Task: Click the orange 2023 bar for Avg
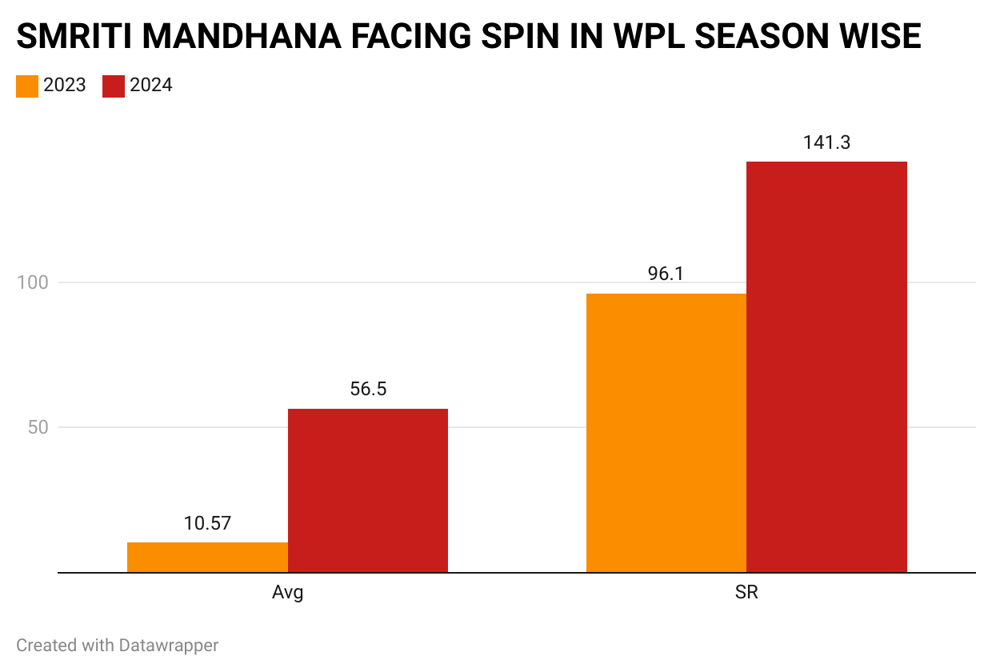[x=207, y=558]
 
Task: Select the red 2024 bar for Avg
[x=368, y=490]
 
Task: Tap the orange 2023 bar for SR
[x=666, y=433]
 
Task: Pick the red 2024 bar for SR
[x=826, y=367]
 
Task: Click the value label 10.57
[x=207, y=524]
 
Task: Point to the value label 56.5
[x=368, y=390]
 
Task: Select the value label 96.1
[x=666, y=274]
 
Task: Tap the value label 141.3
[x=826, y=142]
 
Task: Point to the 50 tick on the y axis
[x=37, y=427]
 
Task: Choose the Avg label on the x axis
[x=288, y=594]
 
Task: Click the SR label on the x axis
[x=746, y=594]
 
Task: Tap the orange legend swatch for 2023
[x=27, y=86]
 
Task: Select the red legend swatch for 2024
[x=114, y=86]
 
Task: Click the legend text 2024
[x=151, y=86]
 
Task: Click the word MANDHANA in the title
[x=234, y=37]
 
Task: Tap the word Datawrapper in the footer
[x=169, y=645]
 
